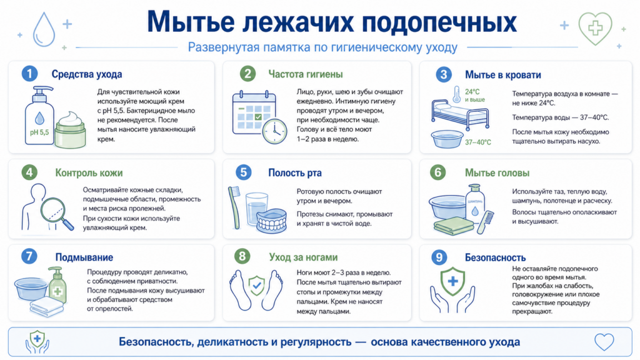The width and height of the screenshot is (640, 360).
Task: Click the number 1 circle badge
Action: pyautogui.click(x=29, y=74)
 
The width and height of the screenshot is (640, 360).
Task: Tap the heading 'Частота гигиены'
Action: pyautogui.click(x=305, y=74)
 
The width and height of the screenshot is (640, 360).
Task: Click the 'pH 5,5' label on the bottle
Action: pyautogui.click(x=39, y=132)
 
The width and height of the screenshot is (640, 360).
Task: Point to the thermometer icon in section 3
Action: pyautogui.click(x=456, y=94)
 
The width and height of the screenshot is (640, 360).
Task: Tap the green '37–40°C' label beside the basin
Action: pyautogui.click(x=478, y=142)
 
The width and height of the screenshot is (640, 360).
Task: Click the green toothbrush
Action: pyautogui.click(x=234, y=207)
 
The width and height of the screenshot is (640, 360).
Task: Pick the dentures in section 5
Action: pyautogui.click(x=271, y=221)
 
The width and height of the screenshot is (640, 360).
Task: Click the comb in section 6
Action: pyautogui.click(x=485, y=222)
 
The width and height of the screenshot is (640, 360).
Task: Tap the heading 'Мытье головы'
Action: pyautogui.click(x=497, y=173)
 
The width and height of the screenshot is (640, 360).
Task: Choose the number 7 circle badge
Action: pyautogui.click(x=29, y=256)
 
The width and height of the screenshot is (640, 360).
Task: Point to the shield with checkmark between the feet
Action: pyautogui.click(x=257, y=285)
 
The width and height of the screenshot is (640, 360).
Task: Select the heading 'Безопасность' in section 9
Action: pyautogui.click(x=495, y=257)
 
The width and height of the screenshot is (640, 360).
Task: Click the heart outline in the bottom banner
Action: pyautogui.click(x=604, y=342)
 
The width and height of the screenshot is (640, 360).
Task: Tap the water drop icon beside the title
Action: pyautogui.click(x=44, y=29)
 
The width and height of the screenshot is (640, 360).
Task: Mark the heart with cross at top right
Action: pyautogui.click(x=596, y=28)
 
